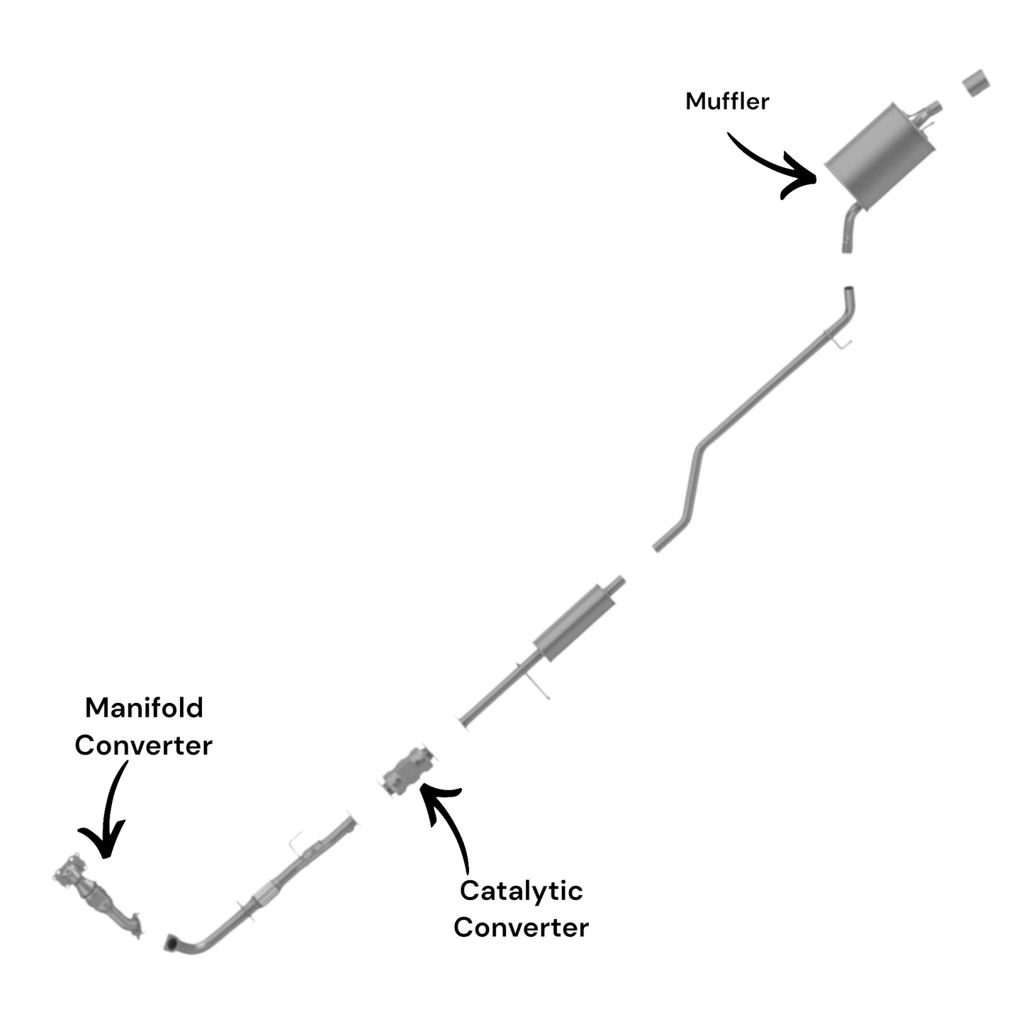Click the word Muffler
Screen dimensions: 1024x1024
point(727,101)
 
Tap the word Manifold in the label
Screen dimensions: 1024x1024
point(144,707)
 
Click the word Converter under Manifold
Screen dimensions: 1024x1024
point(143,745)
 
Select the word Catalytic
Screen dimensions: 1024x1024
point(521,890)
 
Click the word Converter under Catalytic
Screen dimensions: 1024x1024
point(521,927)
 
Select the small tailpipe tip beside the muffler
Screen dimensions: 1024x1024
point(977,83)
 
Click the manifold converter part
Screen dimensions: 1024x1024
point(99,894)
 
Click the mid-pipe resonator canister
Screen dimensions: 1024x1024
point(574,621)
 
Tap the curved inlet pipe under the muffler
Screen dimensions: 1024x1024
point(849,228)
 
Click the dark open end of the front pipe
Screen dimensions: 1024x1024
point(171,943)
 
